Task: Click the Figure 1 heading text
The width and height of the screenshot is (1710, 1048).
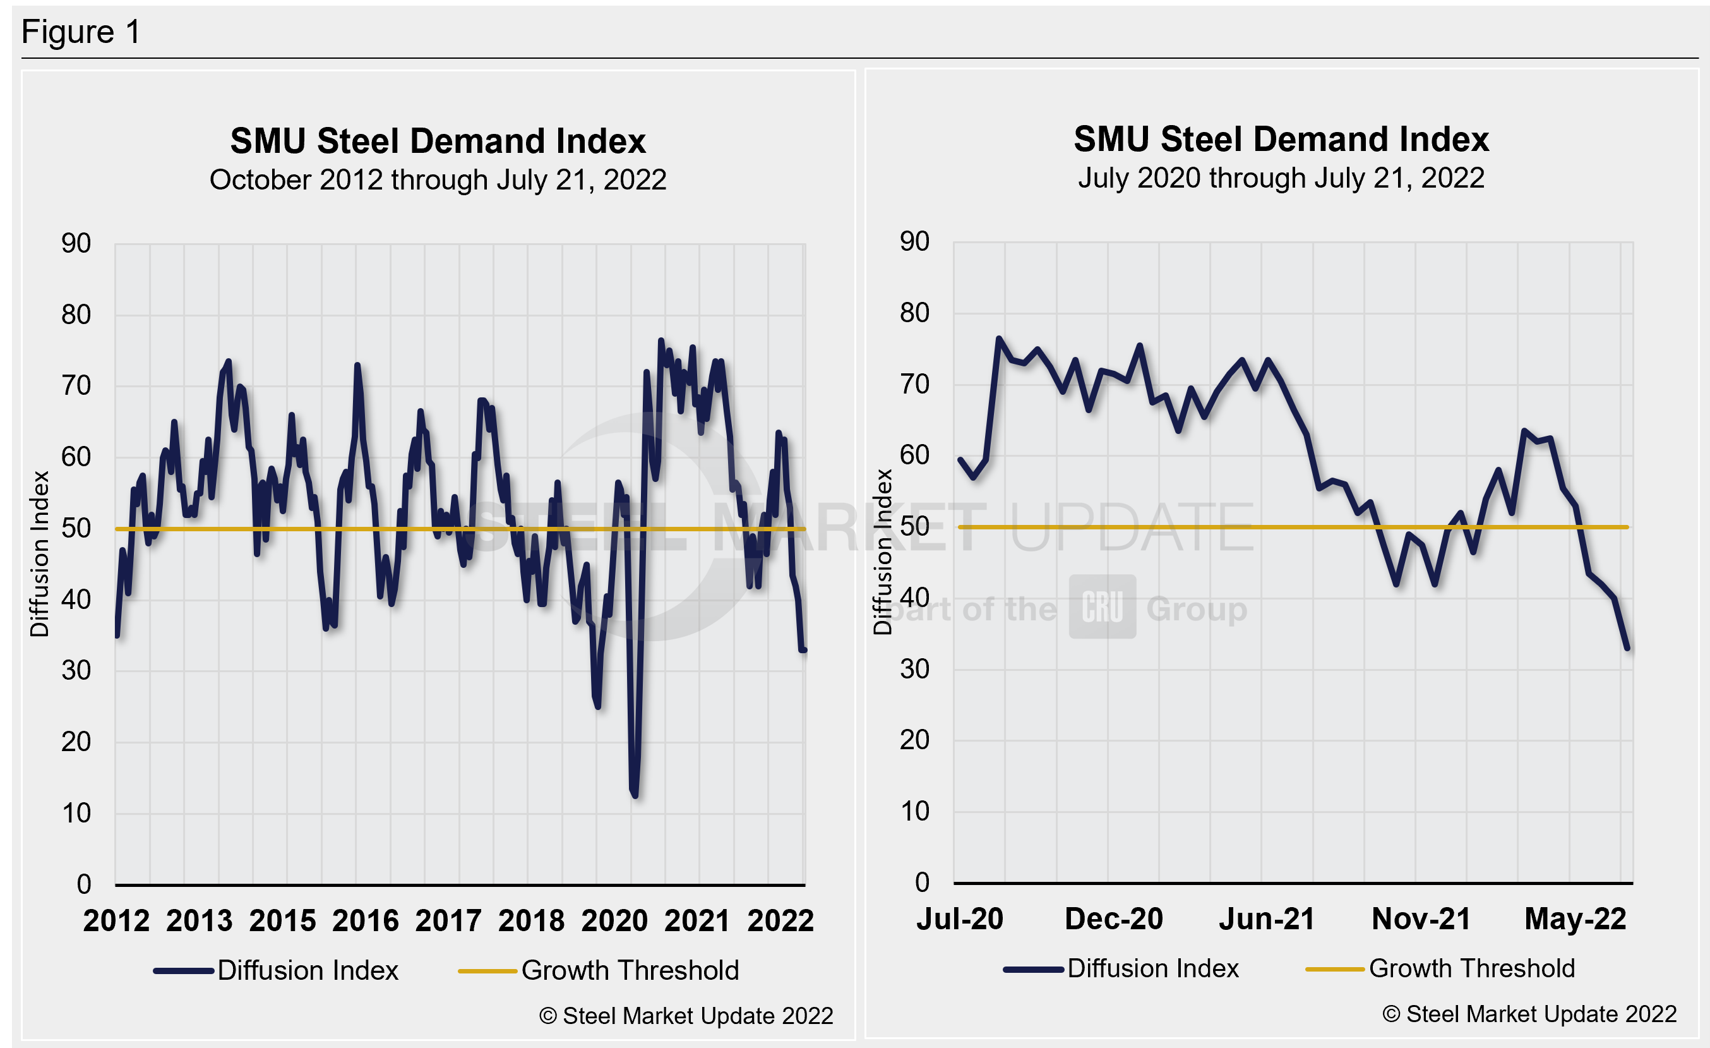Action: click(81, 32)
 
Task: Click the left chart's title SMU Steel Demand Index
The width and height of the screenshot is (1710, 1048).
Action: click(438, 141)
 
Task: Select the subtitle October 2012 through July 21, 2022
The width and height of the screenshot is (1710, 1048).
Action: click(438, 180)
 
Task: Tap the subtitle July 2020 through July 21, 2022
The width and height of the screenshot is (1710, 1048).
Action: click(1281, 178)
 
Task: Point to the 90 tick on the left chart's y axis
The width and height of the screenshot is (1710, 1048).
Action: click(76, 244)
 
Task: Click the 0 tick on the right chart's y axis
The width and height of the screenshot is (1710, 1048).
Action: click(922, 882)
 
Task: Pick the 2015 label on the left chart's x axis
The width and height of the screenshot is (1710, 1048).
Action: click(282, 921)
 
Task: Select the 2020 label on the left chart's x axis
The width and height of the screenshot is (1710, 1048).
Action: click(614, 921)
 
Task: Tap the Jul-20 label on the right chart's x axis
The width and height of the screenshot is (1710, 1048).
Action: click(960, 919)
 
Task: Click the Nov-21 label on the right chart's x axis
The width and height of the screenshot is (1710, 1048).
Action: click(1421, 919)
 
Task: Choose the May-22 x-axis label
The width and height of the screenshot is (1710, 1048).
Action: click(1575, 919)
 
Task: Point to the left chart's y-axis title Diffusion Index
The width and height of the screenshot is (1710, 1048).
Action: click(40, 554)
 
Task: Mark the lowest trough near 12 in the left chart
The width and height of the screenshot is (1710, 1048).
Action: click(635, 795)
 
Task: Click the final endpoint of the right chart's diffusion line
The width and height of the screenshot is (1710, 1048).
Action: click(1627, 647)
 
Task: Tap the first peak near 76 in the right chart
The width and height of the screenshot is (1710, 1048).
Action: click(998, 339)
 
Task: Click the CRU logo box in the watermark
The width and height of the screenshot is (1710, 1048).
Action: click(1102, 606)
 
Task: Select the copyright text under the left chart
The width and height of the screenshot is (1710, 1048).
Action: click(686, 1015)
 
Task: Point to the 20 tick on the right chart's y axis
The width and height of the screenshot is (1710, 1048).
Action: click(915, 740)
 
